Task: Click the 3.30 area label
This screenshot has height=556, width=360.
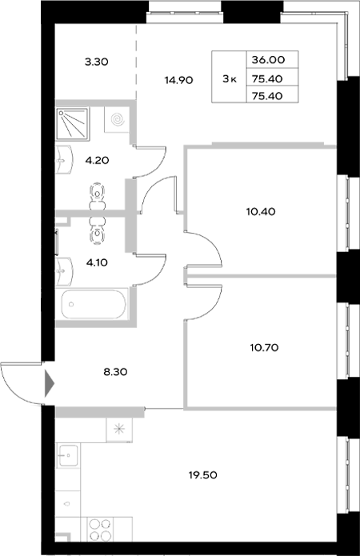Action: click(95, 58)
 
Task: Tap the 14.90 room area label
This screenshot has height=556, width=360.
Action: click(178, 79)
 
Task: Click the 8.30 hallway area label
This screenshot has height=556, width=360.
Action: click(95, 371)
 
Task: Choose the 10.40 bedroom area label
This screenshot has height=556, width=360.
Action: click(261, 212)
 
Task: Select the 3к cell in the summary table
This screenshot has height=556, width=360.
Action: click(230, 78)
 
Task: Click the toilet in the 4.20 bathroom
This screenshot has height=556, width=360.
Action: click(98, 193)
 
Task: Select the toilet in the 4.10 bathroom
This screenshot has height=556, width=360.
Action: click(98, 230)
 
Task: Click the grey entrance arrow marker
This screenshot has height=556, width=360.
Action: click(50, 383)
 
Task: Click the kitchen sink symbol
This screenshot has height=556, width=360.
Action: click(67, 458)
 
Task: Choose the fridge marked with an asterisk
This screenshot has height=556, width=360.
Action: click(120, 428)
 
